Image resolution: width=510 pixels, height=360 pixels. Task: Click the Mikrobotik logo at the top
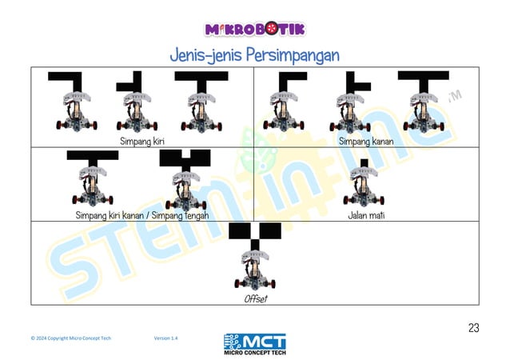click(x=255, y=29)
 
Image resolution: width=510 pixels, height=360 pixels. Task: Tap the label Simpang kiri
click(x=142, y=142)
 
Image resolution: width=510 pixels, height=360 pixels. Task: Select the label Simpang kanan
click(x=366, y=142)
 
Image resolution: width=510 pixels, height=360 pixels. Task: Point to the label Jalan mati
click(x=366, y=215)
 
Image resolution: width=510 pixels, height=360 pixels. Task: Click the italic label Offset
click(x=256, y=298)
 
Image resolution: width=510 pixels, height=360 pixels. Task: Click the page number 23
click(x=473, y=328)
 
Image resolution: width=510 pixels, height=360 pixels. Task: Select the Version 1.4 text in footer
click(x=166, y=338)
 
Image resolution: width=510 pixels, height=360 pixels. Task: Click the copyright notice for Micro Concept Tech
click(x=71, y=338)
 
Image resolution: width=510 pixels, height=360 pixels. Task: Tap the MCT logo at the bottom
click(x=255, y=344)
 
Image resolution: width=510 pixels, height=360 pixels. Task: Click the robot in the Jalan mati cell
click(x=364, y=186)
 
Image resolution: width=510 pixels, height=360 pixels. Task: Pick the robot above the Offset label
click(x=255, y=270)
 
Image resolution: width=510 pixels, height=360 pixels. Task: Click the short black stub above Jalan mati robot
click(x=365, y=163)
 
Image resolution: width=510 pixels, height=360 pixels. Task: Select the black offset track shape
click(x=255, y=236)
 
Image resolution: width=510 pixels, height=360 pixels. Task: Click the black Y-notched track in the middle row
click(x=185, y=160)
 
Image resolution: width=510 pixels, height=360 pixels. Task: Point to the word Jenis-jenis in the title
click(x=206, y=55)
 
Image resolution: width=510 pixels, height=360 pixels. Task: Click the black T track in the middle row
click(x=93, y=158)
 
